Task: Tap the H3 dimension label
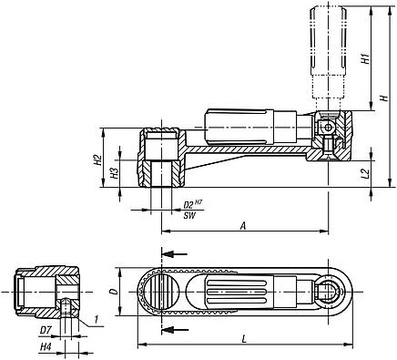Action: [114, 172]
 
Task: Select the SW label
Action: [188, 216]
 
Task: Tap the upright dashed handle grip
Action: [329, 50]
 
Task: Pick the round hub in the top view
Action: [160, 293]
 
